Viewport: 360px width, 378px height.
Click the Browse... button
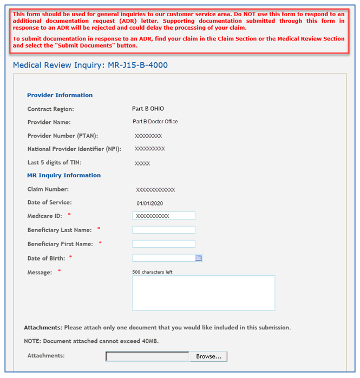208,356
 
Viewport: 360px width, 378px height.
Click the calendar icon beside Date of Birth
199,258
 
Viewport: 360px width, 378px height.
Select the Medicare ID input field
163,216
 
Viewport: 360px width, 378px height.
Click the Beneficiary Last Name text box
163,230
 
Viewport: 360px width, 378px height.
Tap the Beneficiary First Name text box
163,244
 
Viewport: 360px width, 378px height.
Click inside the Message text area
204,293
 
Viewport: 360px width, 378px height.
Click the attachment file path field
147,356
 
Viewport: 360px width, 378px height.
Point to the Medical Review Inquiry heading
90,65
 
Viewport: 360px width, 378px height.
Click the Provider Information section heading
60,95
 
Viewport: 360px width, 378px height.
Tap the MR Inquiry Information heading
64,175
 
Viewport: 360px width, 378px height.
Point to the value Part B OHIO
148,109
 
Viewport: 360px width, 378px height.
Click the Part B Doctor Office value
155,122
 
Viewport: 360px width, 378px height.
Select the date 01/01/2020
149,203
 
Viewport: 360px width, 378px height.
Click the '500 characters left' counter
152,272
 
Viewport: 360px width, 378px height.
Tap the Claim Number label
48,189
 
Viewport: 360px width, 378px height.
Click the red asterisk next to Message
59,271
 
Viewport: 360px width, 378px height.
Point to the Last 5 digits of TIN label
54,162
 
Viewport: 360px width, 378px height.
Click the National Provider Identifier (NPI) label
74,149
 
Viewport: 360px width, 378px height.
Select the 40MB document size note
91,341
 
